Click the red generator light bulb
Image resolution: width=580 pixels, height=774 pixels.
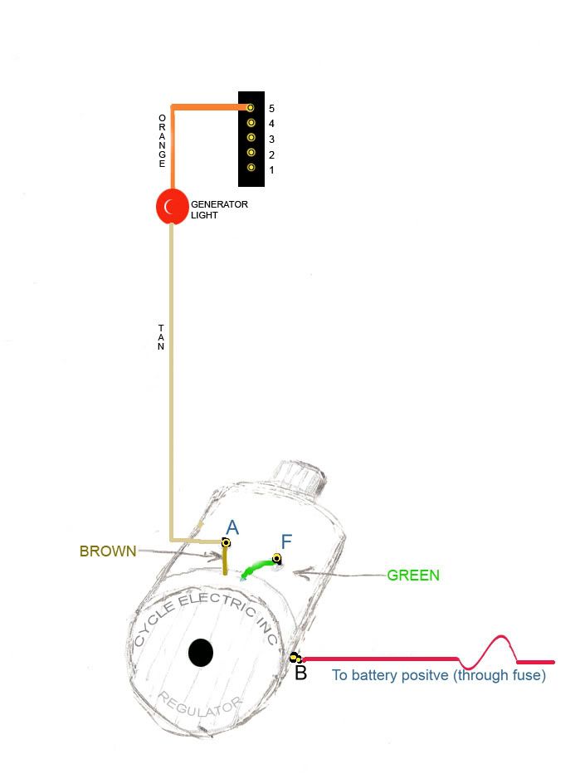[172, 207]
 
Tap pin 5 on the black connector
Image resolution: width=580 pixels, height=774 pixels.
[251, 107]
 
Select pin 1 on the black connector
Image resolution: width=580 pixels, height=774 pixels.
[251, 169]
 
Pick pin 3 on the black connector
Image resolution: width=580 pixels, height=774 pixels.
[251, 139]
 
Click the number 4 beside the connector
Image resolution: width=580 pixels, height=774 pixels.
[271, 124]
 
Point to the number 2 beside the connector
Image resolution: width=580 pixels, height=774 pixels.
[271, 155]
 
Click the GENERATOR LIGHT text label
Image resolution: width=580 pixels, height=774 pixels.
[219, 209]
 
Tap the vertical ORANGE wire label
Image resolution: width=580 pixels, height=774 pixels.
[163, 141]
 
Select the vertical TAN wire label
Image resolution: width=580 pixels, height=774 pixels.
[161, 337]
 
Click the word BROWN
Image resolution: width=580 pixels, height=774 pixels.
[108, 551]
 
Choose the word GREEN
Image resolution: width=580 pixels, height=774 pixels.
[413, 575]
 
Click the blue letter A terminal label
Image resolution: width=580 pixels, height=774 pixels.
[232, 527]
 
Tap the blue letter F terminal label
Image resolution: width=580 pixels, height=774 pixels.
[286, 542]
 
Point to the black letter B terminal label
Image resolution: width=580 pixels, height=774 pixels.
[300, 674]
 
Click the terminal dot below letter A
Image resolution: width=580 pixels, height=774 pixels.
[226, 542]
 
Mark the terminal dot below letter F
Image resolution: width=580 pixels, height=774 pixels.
[277, 558]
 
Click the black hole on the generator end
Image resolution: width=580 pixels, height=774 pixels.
[201, 652]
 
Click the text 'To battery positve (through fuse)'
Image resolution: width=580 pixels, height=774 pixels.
[439, 675]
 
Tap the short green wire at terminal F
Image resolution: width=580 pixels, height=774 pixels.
[257, 568]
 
